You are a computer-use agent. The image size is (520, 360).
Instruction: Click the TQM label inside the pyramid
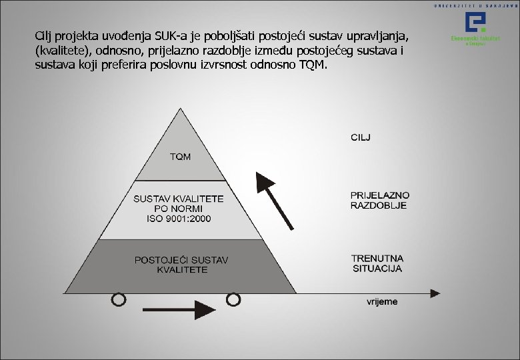(180, 157)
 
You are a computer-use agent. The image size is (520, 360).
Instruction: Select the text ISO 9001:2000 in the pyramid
(179, 219)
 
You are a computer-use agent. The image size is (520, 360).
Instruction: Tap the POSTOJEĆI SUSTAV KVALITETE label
(181, 265)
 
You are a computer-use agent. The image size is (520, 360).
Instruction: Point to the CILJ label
(361, 137)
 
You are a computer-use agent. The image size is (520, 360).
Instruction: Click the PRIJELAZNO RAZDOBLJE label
(380, 200)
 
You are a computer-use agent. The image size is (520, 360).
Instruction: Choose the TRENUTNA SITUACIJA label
(377, 263)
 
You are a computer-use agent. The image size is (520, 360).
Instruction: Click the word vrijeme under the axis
(382, 301)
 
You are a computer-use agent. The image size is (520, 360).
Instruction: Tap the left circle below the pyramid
(118, 300)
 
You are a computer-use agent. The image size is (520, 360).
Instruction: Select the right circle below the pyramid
(233, 300)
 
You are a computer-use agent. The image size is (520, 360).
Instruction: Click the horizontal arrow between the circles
(176, 309)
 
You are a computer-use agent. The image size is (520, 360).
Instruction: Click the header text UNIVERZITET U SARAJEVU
(474, 5)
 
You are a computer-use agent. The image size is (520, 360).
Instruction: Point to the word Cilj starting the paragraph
(46, 34)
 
